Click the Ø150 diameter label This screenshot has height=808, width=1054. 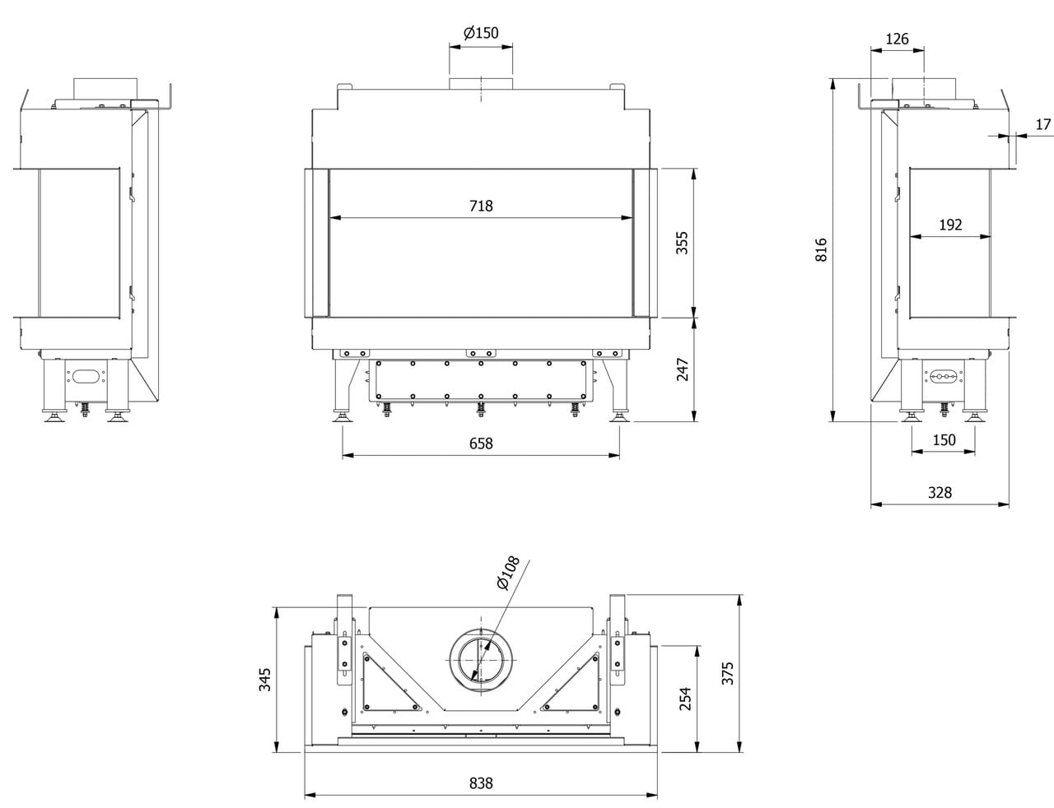pos(481,34)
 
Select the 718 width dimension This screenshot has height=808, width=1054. pos(481,206)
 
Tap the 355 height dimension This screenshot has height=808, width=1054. pos(683,243)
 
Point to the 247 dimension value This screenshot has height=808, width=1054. pos(683,369)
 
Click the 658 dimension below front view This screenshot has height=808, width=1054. pos(481,443)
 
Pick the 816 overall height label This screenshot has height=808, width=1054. pos(821,250)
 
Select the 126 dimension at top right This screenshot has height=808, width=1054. pos(897,39)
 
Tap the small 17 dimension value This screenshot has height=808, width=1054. pos(1043,125)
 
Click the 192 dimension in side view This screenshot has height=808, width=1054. pos(950,225)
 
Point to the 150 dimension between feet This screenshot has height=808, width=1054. pos(944,440)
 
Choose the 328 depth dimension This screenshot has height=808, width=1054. pos(940,493)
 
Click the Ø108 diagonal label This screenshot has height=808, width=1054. pos(508,573)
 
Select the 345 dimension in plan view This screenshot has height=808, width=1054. pos(264,679)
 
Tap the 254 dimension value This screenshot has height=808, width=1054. pos(685,699)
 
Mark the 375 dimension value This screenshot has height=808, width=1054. pos(727,673)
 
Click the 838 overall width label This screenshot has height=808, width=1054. pos(481,783)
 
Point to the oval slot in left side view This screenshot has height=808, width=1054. pos(84,376)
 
